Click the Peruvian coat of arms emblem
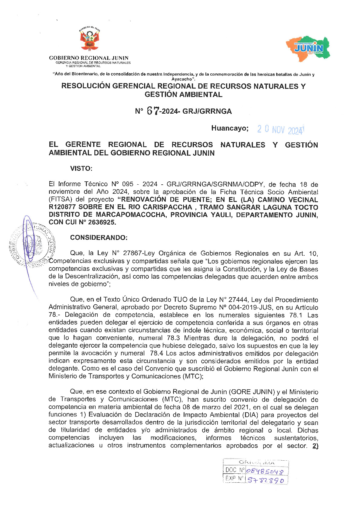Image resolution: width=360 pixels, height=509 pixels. pyautogui.click(x=90, y=39)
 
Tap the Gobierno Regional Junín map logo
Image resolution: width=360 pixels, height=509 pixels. pyautogui.click(x=308, y=48)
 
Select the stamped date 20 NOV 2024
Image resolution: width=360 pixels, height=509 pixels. pyautogui.click(x=280, y=130)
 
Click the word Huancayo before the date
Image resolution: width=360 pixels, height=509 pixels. pyautogui.click(x=230, y=128)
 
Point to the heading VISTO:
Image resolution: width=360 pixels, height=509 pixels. pyautogui.click(x=81, y=168)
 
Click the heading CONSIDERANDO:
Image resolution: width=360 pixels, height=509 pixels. pyautogui.click(x=99, y=238)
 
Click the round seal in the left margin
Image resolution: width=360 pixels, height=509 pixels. pyautogui.click(x=32, y=243)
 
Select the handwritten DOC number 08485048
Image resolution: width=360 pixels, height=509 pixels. pyautogui.click(x=265, y=471)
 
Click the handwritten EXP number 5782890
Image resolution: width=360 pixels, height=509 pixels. pyautogui.click(x=266, y=480)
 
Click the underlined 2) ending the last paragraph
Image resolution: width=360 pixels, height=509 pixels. pyautogui.click(x=315, y=446)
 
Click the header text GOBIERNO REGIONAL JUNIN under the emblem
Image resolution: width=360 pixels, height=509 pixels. pyautogui.click(x=89, y=58)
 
